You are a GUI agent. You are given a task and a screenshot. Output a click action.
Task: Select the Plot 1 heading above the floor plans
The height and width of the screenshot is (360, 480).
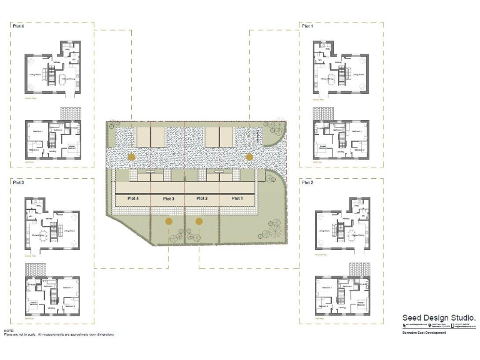[x=307, y=26]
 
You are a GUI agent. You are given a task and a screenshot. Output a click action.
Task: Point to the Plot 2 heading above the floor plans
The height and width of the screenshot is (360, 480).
[x=307, y=182]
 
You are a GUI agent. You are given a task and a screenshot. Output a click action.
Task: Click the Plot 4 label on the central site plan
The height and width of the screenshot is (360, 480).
[x=132, y=198]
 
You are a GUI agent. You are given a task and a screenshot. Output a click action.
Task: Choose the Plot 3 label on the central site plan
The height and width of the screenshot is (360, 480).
[x=168, y=198]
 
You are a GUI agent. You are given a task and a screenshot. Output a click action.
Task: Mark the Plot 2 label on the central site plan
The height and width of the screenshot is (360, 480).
[x=202, y=198]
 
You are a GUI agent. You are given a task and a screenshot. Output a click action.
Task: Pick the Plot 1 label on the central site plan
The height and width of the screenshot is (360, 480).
[x=237, y=198]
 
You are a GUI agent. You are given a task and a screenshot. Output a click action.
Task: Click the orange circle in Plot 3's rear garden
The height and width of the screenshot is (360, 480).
[x=169, y=221]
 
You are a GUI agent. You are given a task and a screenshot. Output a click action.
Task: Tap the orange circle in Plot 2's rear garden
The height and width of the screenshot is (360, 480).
[x=199, y=221]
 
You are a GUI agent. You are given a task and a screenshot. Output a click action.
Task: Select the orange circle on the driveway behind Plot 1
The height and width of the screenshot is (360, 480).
[x=250, y=156]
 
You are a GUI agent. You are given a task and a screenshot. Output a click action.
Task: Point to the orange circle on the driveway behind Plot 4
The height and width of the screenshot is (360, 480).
[x=131, y=156]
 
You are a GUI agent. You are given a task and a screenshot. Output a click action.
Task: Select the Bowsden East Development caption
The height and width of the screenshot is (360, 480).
[x=424, y=332]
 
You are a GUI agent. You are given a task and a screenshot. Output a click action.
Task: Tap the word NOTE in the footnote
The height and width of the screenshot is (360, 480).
[x=9, y=331]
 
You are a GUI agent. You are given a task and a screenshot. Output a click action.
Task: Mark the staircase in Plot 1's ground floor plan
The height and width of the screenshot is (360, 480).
[x=341, y=77]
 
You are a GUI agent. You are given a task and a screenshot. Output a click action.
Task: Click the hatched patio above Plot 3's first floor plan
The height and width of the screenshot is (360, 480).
[x=34, y=270]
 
